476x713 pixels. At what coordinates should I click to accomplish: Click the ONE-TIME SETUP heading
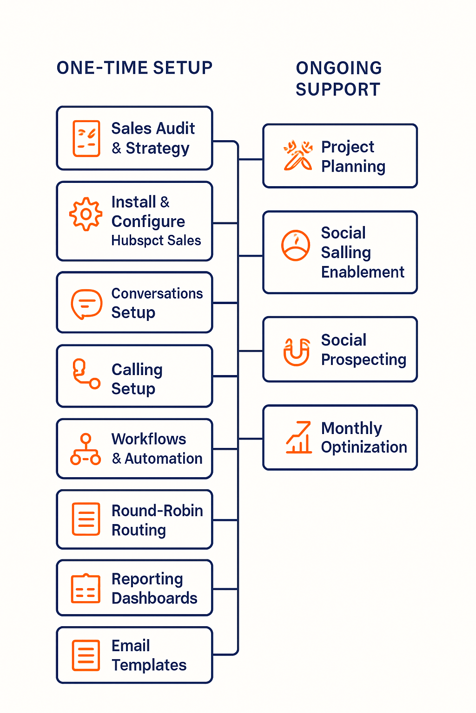click(x=134, y=68)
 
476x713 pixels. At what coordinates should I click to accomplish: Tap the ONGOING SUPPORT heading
click(x=339, y=78)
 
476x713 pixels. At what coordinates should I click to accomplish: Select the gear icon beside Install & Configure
click(x=86, y=214)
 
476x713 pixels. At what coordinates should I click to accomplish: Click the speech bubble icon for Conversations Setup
click(x=86, y=304)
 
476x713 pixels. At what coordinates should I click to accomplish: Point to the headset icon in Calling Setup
click(x=86, y=374)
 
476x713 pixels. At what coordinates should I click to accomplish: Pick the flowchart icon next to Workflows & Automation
click(x=86, y=449)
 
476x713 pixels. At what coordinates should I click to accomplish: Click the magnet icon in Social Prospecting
click(x=297, y=352)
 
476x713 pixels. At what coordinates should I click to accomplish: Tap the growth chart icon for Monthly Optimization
click(x=298, y=437)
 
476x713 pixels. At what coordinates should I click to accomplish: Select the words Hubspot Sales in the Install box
click(x=156, y=240)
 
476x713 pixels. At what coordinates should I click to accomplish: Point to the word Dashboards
click(x=154, y=598)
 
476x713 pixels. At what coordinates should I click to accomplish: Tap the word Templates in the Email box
click(x=149, y=665)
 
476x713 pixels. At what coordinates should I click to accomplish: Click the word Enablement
click(x=363, y=272)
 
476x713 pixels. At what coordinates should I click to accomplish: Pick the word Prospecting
click(x=364, y=360)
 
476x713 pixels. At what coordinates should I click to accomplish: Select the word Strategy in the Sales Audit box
click(x=158, y=149)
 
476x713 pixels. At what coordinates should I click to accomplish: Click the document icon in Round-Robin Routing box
click(x=86, y=519)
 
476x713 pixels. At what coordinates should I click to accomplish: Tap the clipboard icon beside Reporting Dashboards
click(x=86, y=589)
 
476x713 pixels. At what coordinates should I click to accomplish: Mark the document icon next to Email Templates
click(x=86, y=655)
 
